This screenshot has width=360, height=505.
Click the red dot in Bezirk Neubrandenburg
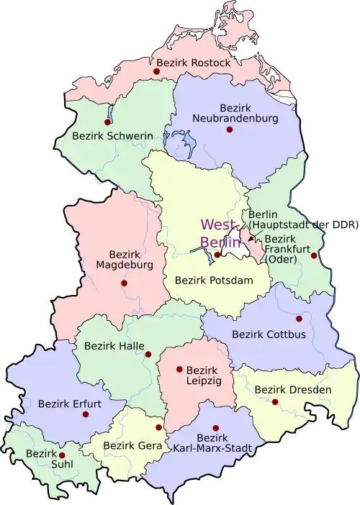pyautogui.click(x=230, y=129)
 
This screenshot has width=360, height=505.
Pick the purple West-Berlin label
pyautogui.click(x=220, y=232)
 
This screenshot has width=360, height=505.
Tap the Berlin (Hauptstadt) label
pyautogui.click(x=278, y=219)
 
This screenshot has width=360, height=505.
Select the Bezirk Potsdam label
pyautogui.click(x=215, y=279)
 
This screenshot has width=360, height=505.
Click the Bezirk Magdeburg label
pyautogui.click(x=125, y=260)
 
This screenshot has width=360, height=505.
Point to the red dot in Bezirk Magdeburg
pyautogui.click(x=124, y=283)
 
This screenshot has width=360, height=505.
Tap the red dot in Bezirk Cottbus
pyautogui.click(x=299, y=318)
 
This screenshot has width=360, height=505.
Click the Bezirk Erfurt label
pyautogui.click(x=70, y=404)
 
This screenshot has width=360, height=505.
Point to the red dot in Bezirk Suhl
pyautogui.click(x=62, y=455)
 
